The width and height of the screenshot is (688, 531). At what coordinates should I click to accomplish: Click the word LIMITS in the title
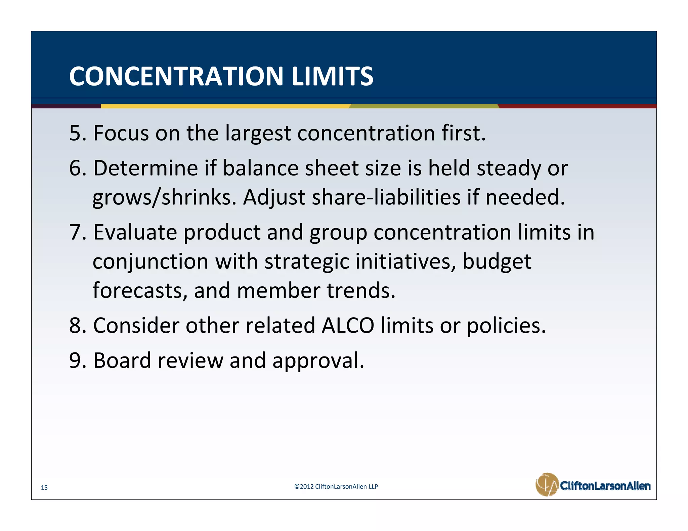point(332,76)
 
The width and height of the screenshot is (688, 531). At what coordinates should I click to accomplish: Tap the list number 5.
point(75,133)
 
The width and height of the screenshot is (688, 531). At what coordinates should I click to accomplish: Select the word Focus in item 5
point(121,133)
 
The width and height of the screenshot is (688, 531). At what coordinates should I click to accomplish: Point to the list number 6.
point(75,168)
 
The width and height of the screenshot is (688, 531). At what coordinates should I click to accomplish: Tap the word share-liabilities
point(386,198)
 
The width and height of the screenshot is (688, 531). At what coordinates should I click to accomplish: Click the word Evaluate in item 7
point(135,232)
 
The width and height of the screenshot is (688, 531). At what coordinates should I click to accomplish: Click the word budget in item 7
point(497,262)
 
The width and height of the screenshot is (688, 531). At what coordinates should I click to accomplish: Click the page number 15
point(44,487)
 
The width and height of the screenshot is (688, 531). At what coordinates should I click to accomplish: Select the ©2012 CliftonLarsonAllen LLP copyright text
point(336,486)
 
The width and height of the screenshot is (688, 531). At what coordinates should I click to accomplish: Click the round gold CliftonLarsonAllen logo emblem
point(547,484)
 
